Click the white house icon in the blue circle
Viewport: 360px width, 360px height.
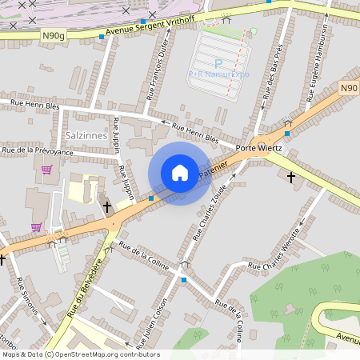180,173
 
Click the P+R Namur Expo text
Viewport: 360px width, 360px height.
218,74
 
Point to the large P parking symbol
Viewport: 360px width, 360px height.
218,62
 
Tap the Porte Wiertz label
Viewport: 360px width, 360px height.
258,149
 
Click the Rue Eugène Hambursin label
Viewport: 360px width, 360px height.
316,63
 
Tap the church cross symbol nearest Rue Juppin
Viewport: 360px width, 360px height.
107,206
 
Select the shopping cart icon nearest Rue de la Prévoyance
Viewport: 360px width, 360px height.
46,170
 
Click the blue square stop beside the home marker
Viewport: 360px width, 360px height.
151,198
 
